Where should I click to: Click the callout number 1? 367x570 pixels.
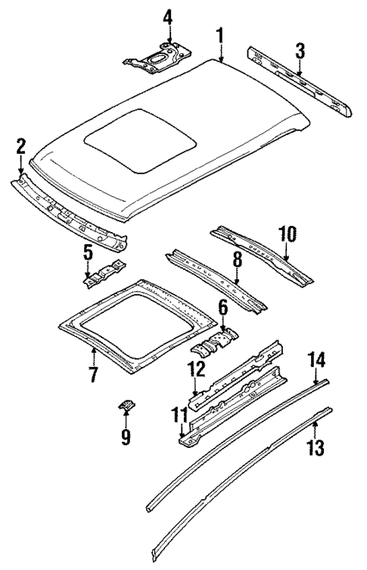point(220,35)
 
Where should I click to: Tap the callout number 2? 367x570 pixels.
point(20,146)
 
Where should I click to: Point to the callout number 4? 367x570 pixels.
point(168,16)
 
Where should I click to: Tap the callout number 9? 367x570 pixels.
point(126,436)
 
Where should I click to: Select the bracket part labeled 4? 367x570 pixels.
point(157,58)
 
